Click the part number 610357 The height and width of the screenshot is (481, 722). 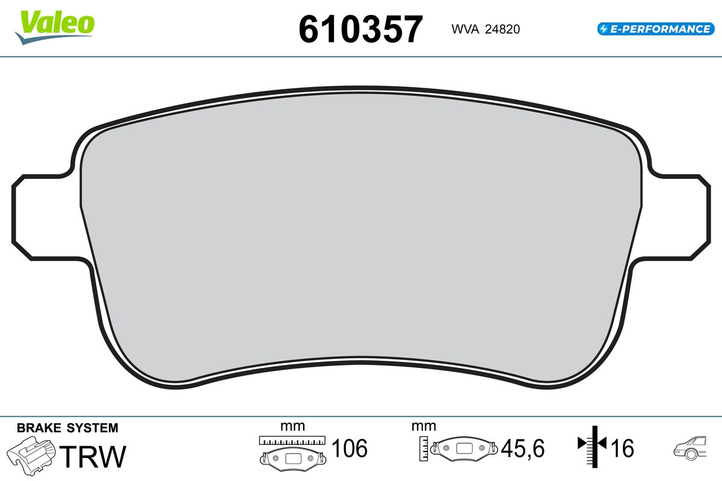[360, 29]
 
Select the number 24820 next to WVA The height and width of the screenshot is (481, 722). [502, 29]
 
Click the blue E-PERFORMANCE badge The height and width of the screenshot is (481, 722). [656, 29]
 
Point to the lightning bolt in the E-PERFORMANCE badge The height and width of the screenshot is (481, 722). [603, 29]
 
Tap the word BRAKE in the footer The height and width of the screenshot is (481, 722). [39, 428]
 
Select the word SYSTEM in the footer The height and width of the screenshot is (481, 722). [93, 428]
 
